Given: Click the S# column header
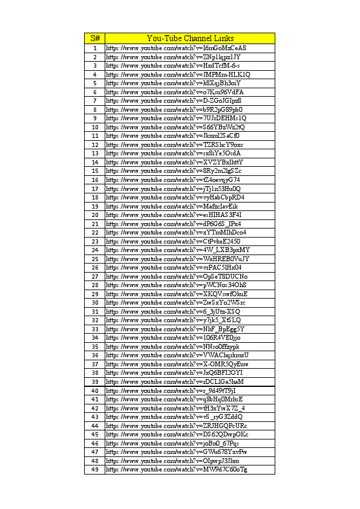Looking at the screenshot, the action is click(95, 38).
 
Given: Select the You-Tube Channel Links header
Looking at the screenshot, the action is click(190, 38).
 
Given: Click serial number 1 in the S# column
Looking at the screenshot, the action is click(95, 48).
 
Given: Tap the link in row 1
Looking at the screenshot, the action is click(176, 48).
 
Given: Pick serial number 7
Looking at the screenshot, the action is click(95, 100).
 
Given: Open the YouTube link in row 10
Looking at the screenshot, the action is click(175, 127).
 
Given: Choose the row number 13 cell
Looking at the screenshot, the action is click(95, 154).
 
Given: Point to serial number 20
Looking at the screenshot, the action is click(95, 215).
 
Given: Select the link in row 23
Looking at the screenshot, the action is click(176, 241).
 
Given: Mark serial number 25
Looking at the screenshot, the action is click(95, 259).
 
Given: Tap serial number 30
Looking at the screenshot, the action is click(95, 302).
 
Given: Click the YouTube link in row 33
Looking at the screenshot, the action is click(175, 329).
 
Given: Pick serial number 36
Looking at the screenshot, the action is click(95, 355).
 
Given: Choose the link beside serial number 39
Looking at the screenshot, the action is click(175, 381).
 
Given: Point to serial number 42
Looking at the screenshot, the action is click(95, 408).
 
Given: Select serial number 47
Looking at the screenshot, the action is click(95, 452).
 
